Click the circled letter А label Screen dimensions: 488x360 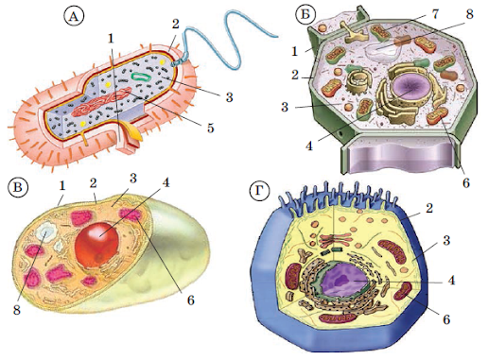(74, 17)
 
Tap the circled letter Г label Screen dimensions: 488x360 (259, 192)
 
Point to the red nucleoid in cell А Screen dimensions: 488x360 (101, 103)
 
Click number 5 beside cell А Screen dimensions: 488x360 (210, 128)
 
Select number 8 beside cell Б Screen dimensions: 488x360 (469, 14)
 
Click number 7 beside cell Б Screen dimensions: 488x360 (435, 13)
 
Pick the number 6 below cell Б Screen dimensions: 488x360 (466, 182)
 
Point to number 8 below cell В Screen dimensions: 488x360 (17, 310)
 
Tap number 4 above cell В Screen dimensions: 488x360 (166, 182)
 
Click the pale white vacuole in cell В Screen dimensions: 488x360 (45, 233)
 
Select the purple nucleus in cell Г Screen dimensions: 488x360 (342, 280)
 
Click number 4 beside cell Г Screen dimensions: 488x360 (452, 280)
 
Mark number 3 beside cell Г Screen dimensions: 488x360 (446, 240)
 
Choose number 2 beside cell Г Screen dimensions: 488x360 (429, 208)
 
